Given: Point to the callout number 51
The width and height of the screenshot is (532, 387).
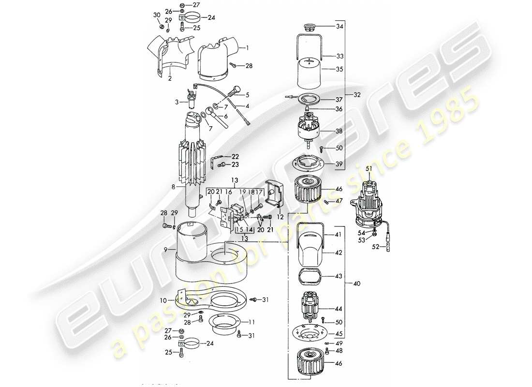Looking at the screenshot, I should click(369, 168).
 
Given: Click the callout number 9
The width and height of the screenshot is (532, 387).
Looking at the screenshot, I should click(165, 249).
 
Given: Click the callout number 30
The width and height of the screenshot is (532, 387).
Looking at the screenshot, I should click(156, 15).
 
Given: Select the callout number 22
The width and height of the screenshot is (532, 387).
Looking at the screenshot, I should click(235, 156).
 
